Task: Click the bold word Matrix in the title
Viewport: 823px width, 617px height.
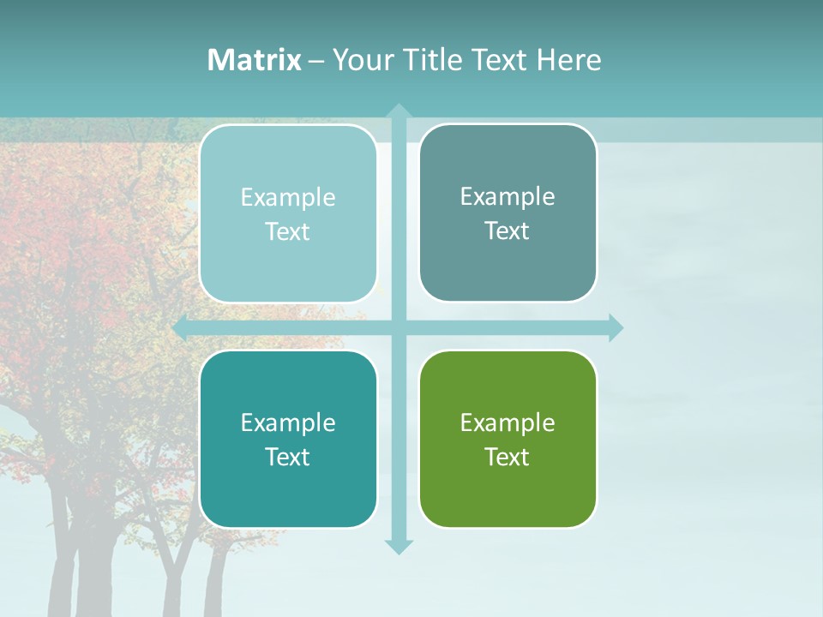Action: pyautogui.click(x=255, y=60)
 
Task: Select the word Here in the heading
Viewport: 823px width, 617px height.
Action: pyautogui.click(x=568, y=60)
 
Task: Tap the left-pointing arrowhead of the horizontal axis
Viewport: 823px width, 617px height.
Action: pyautogui.click(x=181, y=327)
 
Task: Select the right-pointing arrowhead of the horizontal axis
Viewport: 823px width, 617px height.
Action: pyautogui.click(x=615, y=327)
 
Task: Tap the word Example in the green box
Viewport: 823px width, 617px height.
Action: pyautogui.click(x=508, y=422)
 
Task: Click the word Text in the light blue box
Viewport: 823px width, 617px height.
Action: pyautogui.click(x=288, y=232)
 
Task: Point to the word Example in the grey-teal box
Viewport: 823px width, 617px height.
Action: pyautogui.click(x=508, y=196)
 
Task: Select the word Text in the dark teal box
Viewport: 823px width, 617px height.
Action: pyautogui.click(x=288, y=457)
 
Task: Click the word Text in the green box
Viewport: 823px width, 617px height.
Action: pyautogui.click(x=508, y=457)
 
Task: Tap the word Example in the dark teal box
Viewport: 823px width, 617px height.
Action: pyautogui.click(x=288, y=422)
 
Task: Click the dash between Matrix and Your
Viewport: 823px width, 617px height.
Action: pyautogui.click(x=316, y=61)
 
